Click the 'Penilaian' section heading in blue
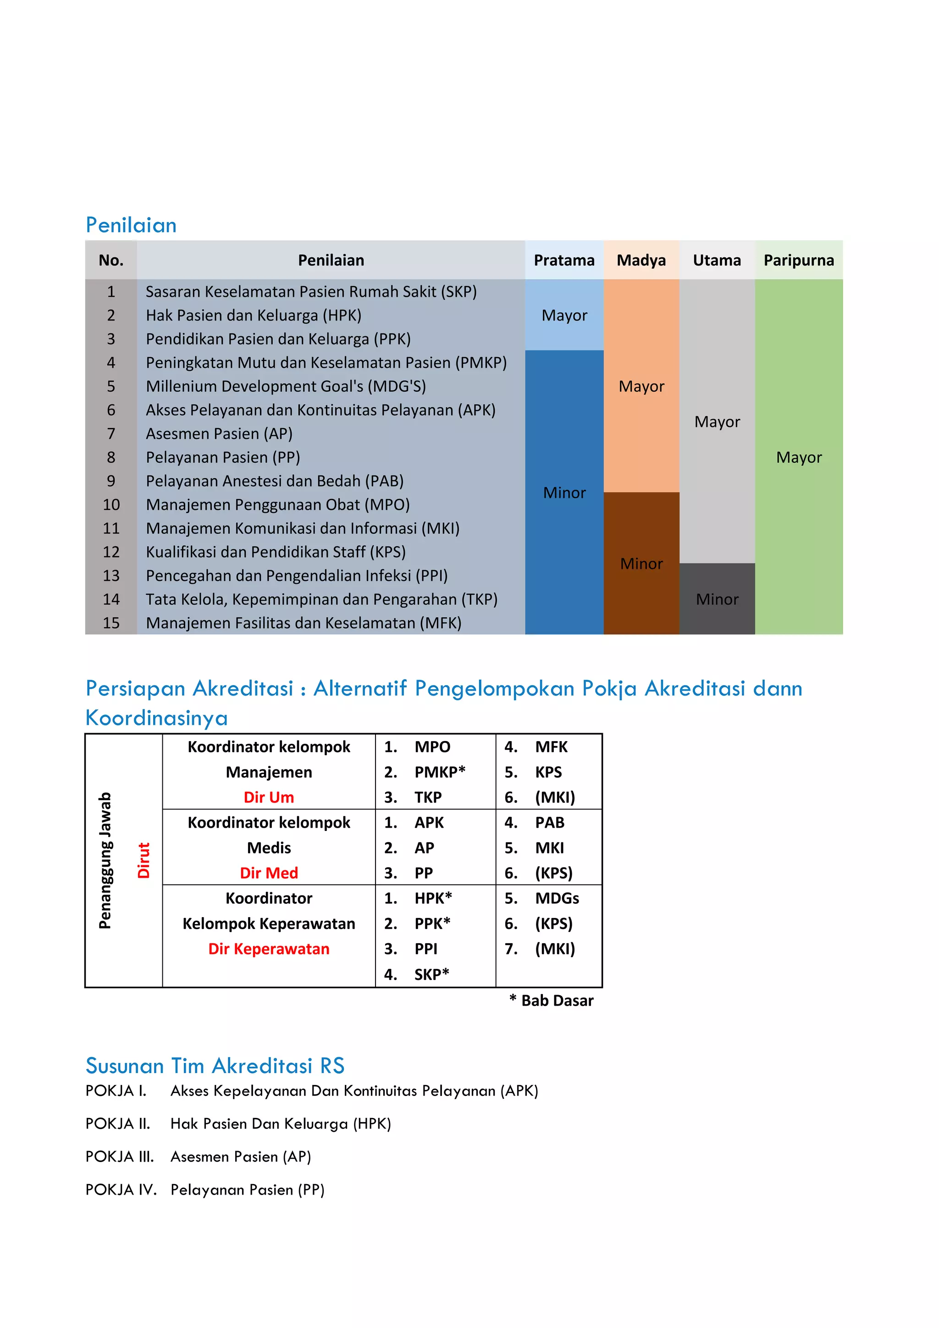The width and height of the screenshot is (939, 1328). pos(131,225)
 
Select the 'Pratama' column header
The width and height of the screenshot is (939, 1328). pos(564,260)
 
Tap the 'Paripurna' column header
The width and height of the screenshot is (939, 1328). pos(799,260)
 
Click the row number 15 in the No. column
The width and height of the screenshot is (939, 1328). pos(111,623)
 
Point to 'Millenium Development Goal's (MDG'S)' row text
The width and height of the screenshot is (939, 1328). pos(286,387)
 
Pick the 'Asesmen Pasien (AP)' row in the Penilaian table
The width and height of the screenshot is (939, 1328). pos(219,434)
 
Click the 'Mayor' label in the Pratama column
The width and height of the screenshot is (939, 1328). pos(564,315)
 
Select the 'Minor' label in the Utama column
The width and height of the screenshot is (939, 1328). pos(717,599)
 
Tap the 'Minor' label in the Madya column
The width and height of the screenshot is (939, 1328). pos(641,564)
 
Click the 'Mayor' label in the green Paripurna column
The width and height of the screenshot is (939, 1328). pos(799,458)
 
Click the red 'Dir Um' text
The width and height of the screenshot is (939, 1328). pos(269,797)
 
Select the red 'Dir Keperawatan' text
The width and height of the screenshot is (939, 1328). pos(269,949)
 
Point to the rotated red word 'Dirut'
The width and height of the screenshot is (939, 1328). pos(144,860)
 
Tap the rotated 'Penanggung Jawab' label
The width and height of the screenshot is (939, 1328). pos(105,860)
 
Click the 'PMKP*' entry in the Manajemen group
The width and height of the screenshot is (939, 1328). pos(439,772)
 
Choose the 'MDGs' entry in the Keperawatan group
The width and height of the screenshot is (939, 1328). pos(557,898)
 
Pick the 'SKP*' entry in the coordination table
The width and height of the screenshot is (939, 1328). pos(431,974)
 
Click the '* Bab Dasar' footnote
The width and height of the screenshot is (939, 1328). pos(552,1001)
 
